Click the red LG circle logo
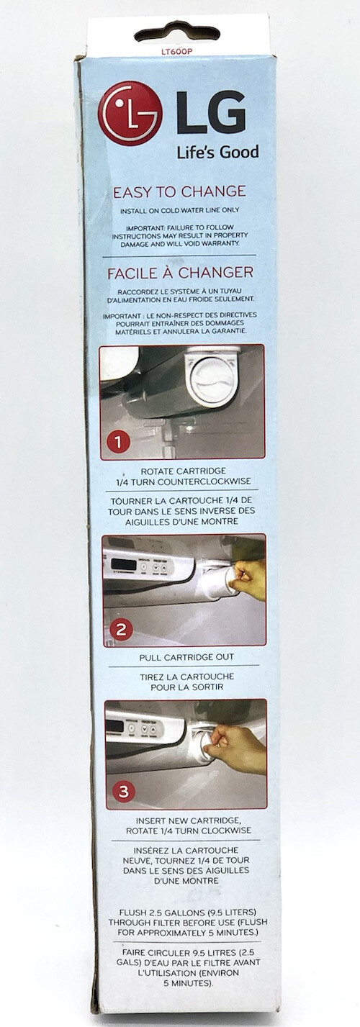(130, 113)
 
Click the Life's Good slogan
(217, 152)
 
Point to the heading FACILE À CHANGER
(179, 273)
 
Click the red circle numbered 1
(117, 440)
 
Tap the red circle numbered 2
(120, 630)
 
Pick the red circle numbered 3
(124, 792)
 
